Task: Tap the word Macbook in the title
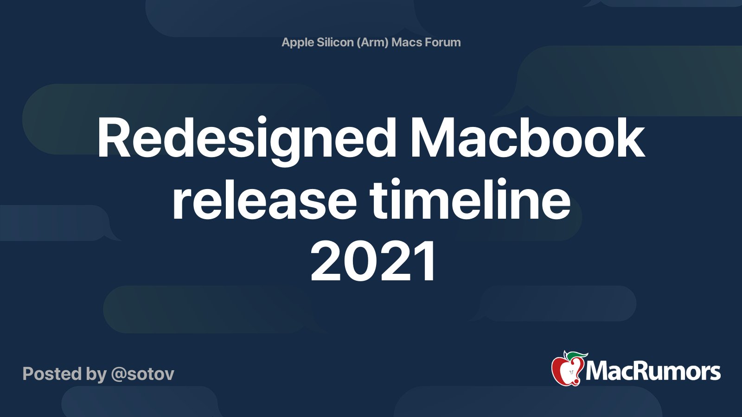click(x=527, y=137)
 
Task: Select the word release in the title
click(x=264, y=200)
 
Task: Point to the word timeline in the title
click(x=470, y=199)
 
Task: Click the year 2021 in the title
click(x=372, y=261)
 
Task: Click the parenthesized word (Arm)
click(x=372, y=43)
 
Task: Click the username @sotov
click(x=142, y=374)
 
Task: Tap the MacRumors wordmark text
click(x=653, y=371)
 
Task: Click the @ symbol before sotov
click(x=120, y=375)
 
